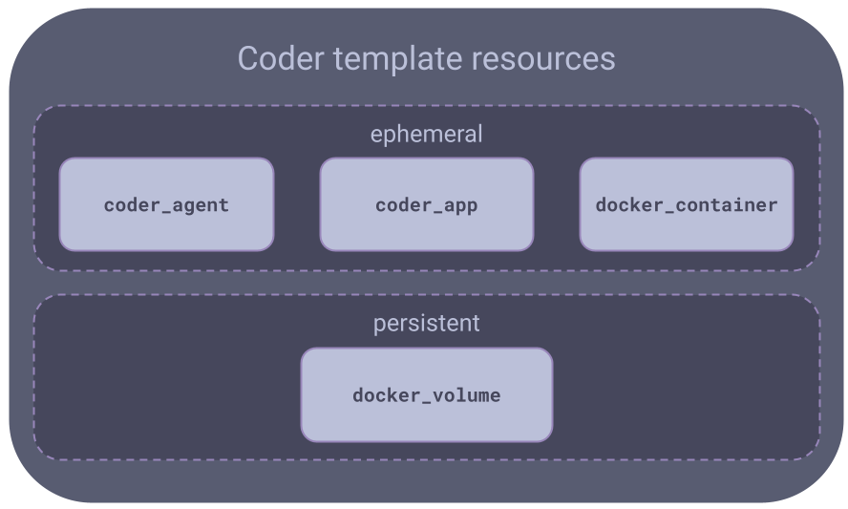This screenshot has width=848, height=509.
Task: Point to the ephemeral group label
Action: (x=426, y=135)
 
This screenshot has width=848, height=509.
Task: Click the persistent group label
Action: (x=426, y=324)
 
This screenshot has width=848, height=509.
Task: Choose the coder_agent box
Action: (x=166, y=204)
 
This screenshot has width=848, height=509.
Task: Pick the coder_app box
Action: (x=426, y=204)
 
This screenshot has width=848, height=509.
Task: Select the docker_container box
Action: (x=686, y=204)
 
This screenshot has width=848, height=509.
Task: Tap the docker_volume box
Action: (x=426, y=394)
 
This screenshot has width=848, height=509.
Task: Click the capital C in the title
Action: (x=248, y=59)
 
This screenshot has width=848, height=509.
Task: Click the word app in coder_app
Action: (x=460, y=204)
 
